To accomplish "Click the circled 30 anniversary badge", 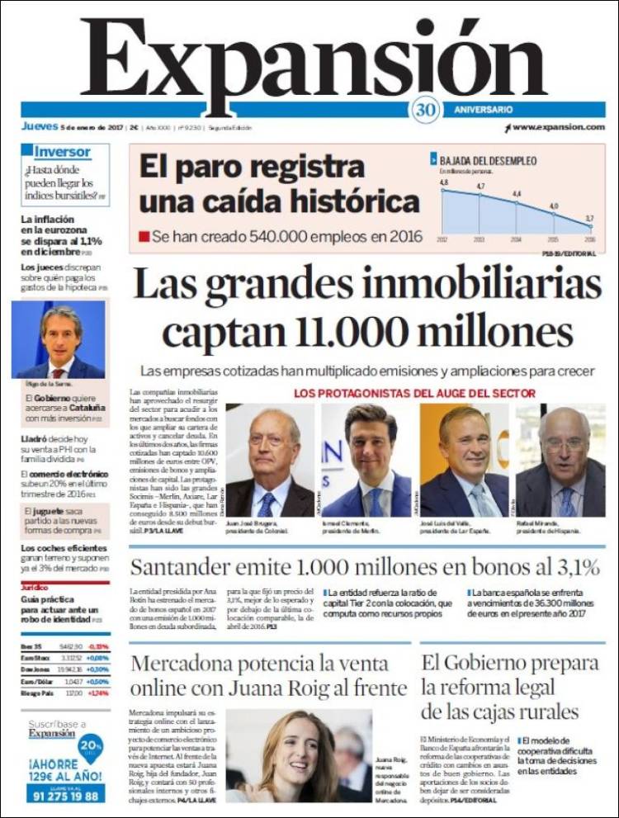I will pos(424,110).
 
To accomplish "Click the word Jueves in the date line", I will pos(39,127).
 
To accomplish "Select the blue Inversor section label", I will pos(63,152).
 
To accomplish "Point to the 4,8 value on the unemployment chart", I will pos(443,182).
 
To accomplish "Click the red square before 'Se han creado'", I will pos(144,236).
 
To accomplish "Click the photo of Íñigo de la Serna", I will pos(58,338).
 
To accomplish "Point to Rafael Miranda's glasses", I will pos(564,444).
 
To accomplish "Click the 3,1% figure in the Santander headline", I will pos(565,567).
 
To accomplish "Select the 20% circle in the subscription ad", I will pos(90,746).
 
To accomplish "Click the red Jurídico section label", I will pos(35,586).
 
